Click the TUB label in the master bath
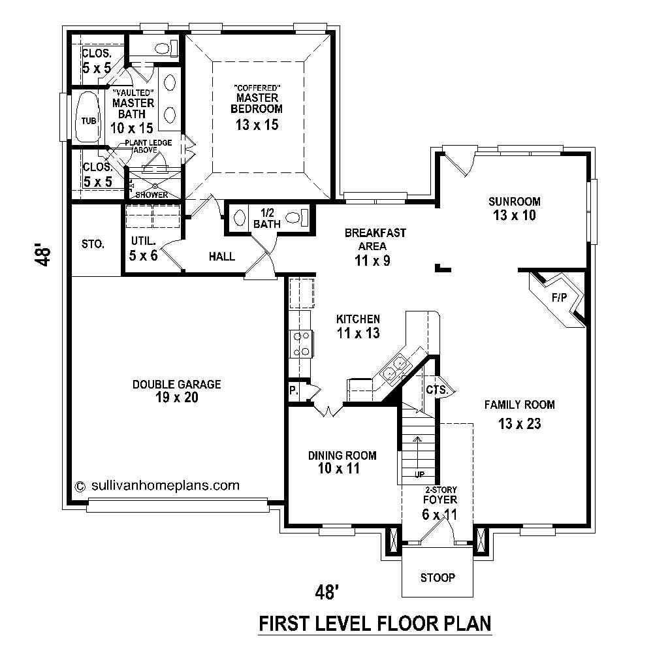(88, 121)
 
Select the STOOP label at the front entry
(437, 578)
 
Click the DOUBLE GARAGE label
(176, 385)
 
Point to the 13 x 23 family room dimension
(519, 424)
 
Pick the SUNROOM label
(514, 201)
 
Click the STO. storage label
(93, 244)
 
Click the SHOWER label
(151, 195)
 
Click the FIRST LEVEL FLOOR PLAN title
(375, 624)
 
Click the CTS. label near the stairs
(436, 390)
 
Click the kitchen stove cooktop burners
(302, 343)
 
